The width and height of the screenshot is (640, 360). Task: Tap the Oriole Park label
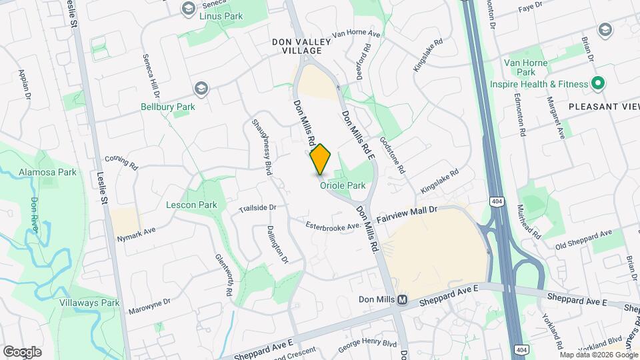(343, 186)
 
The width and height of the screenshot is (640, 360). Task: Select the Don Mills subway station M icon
(403, 300)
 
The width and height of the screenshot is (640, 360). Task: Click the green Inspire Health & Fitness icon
(598, 84)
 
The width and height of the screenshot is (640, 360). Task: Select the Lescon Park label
(191, 205)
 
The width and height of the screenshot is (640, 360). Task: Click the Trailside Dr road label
(258, 208)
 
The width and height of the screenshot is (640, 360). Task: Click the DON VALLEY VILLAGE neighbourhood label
(301, 46)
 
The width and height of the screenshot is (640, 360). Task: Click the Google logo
(22, 351)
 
